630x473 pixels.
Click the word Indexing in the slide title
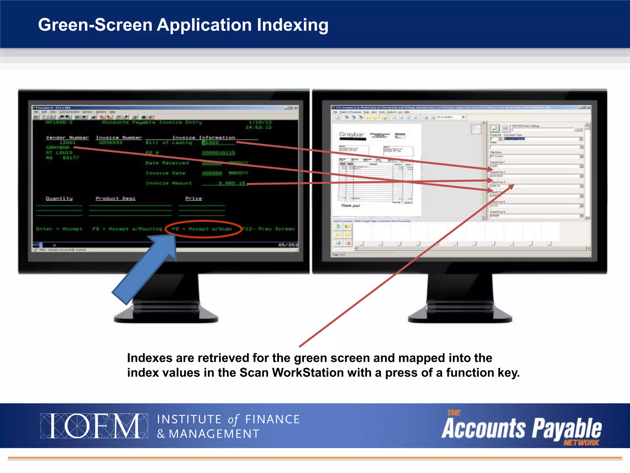293,25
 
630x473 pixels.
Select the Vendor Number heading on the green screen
67,138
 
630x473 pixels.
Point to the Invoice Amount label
169,183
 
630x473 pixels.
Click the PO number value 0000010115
218,153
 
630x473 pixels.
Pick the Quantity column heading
59,198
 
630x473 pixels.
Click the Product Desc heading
115,198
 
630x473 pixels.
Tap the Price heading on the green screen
193,198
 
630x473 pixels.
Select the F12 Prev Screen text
269,229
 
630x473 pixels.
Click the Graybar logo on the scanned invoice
352,135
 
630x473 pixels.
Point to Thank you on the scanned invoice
350,205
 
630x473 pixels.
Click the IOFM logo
94,426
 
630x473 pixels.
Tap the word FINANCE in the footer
272,419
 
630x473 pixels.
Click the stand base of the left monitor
166,316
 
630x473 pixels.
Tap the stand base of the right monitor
460,316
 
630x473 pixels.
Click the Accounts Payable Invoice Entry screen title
152,123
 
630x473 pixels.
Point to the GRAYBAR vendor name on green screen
58,148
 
